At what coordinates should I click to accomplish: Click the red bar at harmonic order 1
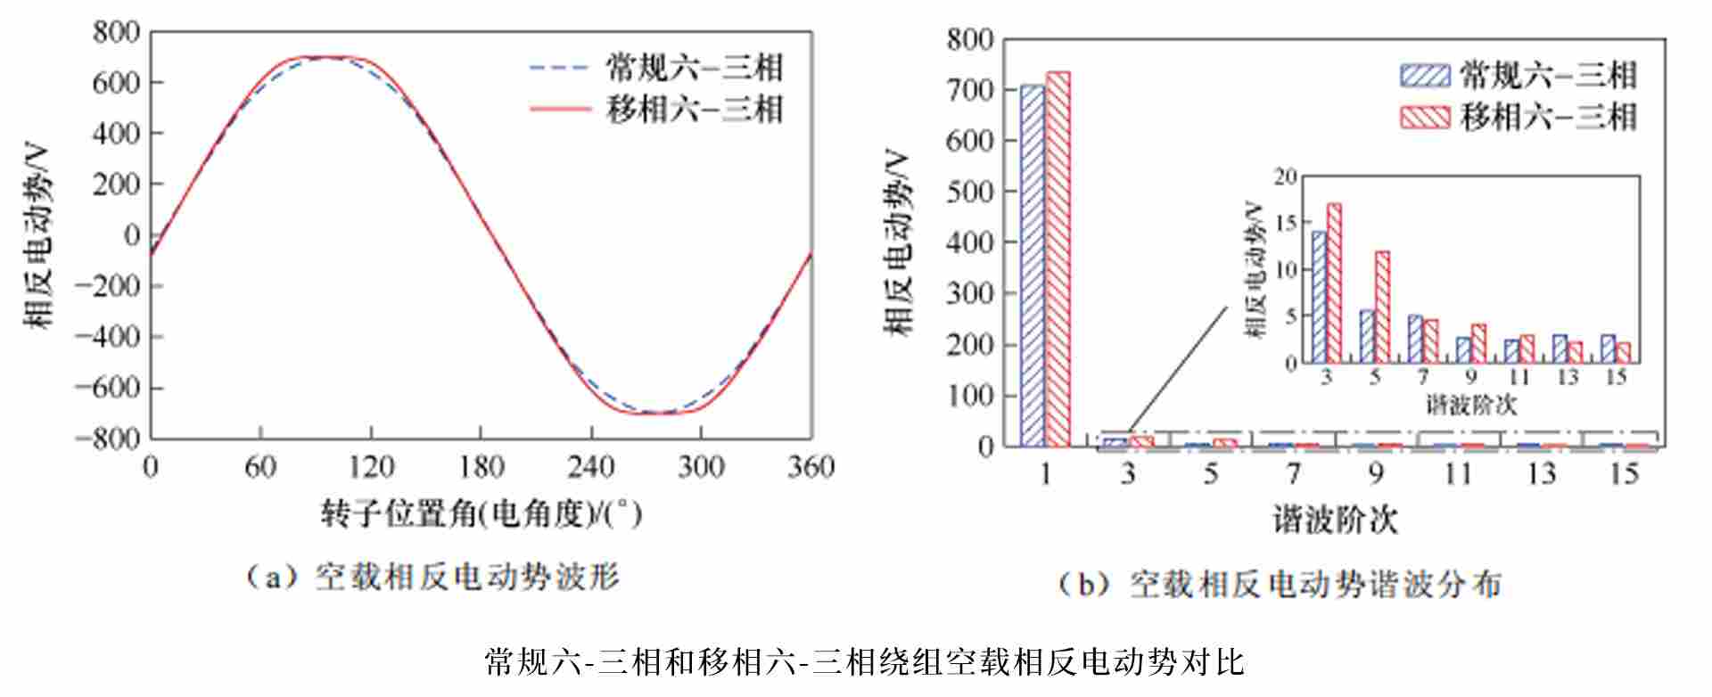[x=1058, y=258]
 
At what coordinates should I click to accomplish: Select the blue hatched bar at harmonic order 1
[x=1033, y=265]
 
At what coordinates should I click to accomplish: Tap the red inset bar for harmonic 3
[x=1334, y=283]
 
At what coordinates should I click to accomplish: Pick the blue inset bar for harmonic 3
[x=1319, y=297]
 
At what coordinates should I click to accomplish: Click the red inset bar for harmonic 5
[x=1382, y=307]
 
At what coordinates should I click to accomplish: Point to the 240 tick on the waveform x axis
[x=590, y=466]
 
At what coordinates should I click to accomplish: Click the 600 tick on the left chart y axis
[x=117, y=83]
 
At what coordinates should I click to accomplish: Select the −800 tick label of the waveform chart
[x=108, y=439]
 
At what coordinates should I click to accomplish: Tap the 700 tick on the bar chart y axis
[x=970, y=90]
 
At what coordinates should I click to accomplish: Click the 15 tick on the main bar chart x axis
[x=1624, y=473]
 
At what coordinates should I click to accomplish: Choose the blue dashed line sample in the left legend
[x=559, y=68]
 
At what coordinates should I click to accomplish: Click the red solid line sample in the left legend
[x=559, y=110]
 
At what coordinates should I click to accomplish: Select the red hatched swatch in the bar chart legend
[x=1424, y=118]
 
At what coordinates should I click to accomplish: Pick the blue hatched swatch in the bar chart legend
[x=1424, y=76]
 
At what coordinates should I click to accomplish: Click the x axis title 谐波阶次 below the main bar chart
[x=1334, y=520]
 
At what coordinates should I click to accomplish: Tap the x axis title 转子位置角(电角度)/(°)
[x=481, y=513]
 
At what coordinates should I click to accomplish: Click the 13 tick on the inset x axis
[x=1568, y=378]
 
